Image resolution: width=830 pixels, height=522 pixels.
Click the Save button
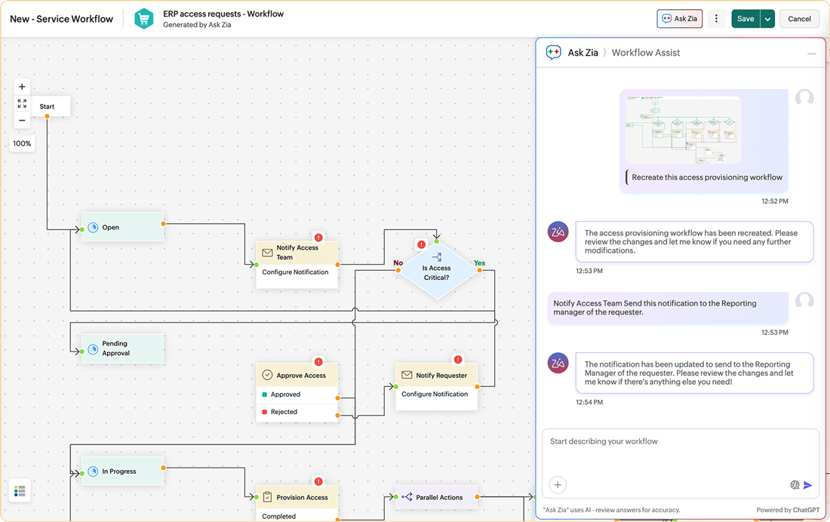[x=745, y=19]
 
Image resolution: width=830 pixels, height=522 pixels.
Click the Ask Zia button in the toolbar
[x=679, y=19]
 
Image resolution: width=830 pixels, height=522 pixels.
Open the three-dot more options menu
[x=716, y=19]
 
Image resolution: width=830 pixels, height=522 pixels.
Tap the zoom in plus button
[x=22, y=87]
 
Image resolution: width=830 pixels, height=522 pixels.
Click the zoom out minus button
[x=22, y=121]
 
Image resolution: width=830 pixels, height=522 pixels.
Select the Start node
[x=48, y=106]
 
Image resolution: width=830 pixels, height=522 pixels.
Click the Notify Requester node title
[x=441, y=375]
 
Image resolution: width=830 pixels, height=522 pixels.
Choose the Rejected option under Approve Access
[x=284, y=412]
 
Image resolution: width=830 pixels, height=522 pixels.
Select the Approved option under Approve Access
[x=285, y=395]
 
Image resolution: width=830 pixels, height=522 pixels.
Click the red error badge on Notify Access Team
[x=318, y=237]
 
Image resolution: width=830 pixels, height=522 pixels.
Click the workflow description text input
[x=679, y=442]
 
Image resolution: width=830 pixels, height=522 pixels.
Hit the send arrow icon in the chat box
[x=808, y=485]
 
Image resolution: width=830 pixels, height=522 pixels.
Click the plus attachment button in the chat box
[x=558, y=485]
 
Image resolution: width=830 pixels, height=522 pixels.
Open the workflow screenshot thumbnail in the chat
[x=683, y=130]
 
